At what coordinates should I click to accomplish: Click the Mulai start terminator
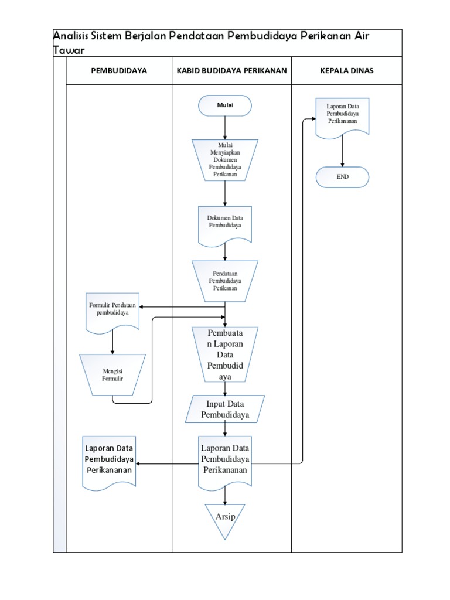(x=225, y=106)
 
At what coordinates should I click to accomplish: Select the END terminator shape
(x=342, y=177)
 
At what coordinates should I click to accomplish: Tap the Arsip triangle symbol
(x=225, y=518)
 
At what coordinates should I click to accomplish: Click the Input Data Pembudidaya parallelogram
(x=225, y=409)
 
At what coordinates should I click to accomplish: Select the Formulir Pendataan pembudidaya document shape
(x=112, y=311)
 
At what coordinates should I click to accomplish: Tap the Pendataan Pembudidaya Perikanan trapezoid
(x=225, y=281)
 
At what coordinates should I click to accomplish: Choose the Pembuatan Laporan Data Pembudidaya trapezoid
(x=225, y=355)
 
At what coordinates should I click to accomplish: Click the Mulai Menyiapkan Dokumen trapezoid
(x=225, y=159)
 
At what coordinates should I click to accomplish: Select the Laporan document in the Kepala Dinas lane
(x=343, y=115)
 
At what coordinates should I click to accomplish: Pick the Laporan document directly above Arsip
(x=225, y=460)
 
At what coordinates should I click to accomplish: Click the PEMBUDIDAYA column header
(x=119, y=71)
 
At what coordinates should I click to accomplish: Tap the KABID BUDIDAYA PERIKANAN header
(x=231, y=71)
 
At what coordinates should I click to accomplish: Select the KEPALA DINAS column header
(x=346, y=71)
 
